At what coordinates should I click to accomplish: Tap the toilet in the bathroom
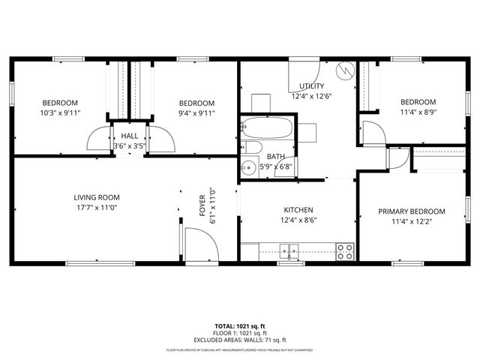coord(251,147)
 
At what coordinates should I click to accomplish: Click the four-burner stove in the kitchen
coord(345,251)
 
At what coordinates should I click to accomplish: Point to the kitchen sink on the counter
coord(289,250)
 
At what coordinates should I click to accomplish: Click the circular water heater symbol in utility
coord(346,70)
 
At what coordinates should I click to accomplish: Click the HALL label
coord(128,136)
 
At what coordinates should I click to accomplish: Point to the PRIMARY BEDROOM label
coord(411,211)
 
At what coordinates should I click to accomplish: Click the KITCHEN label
coord(298,210)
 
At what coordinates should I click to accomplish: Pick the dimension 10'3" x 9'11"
coord(60,113)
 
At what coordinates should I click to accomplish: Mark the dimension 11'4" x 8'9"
coord(417,112)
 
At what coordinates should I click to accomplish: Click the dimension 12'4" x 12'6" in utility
coord(312,97)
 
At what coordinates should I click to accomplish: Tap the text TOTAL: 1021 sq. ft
coord(239,327)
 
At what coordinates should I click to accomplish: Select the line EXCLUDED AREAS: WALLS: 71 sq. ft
coord(239,340)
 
